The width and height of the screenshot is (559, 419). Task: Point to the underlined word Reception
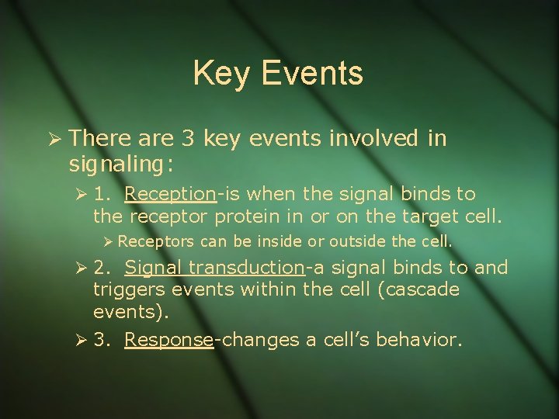(171, 192)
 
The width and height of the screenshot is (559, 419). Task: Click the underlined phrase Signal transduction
(214, 268)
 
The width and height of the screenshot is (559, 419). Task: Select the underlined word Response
(168, 340)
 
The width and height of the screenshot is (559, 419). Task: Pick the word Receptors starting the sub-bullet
(157, 241)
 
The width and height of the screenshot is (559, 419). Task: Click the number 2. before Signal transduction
(102, 268)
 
